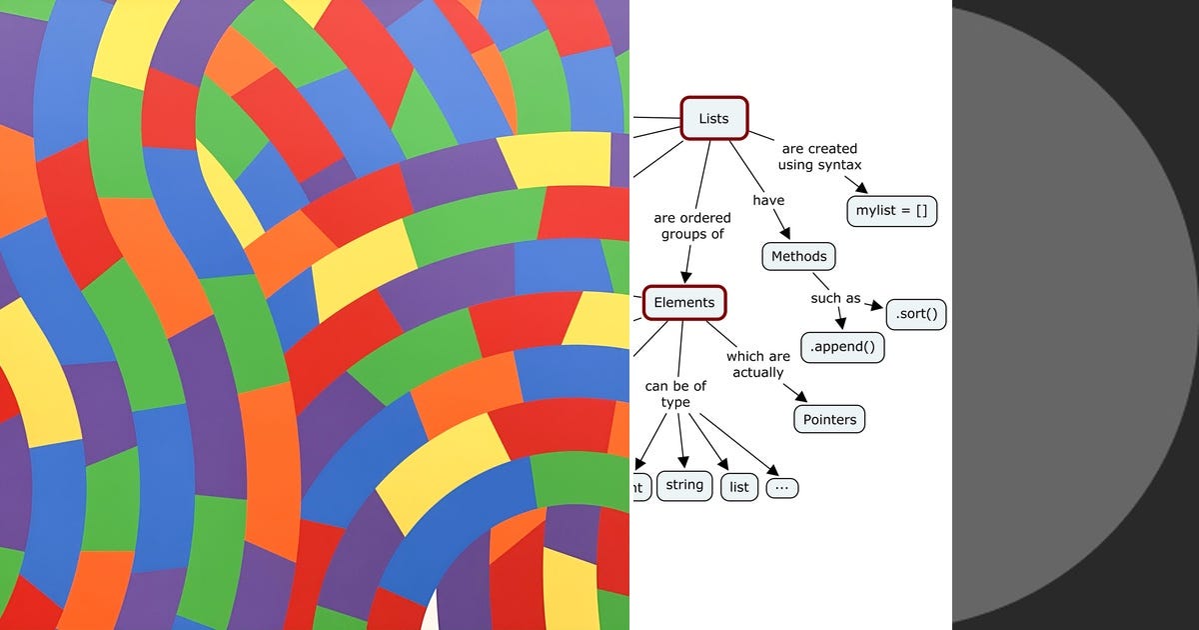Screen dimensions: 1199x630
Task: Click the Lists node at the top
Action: point(713,118)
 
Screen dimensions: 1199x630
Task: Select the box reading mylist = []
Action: point(891,211)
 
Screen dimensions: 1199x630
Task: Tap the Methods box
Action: point(798,256)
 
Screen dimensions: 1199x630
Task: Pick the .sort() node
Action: point(916,314)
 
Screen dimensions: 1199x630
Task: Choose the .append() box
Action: point(842,347)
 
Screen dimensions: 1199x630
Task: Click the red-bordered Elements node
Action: point(683,302)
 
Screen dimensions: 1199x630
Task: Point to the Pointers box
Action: point(829,419)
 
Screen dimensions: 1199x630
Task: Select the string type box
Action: point(684,485)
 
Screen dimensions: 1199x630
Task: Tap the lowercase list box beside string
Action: point(739,487)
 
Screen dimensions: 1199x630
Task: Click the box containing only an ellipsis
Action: point(782,488)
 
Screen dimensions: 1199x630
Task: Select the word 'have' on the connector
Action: point(768,200)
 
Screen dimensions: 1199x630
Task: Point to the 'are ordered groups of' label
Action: point(692,226)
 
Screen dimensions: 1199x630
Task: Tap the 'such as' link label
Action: point(835,298)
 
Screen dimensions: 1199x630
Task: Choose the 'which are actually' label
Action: point(757,364)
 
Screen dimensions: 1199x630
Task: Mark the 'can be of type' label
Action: point(675,394)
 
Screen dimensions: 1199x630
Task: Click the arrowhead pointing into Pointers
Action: point(801,397)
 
